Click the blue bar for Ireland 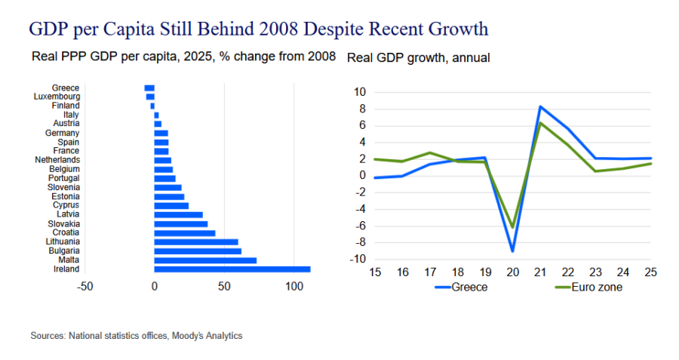pos(232,269)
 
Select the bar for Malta pos(205,260)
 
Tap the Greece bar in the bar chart pos(149,88)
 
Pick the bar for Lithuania pos(196,242)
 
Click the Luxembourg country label pos(57,97)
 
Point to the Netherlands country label pos(57,160)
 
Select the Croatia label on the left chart pos(66,232)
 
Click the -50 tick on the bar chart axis pos(84,286)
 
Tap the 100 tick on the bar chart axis pos(294,286)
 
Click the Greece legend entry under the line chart pos(461,288)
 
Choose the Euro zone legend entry pos(589,288)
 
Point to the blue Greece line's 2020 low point pos(513,251)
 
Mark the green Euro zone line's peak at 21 pos(540,123)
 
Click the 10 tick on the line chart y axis pos(360,92)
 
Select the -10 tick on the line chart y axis pos(358,259)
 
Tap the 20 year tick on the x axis pos(513,272)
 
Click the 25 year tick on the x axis pos(650,272)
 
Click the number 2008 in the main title pos(279,29)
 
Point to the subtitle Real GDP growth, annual pos(418,57)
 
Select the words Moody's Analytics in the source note pos(207,336)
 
